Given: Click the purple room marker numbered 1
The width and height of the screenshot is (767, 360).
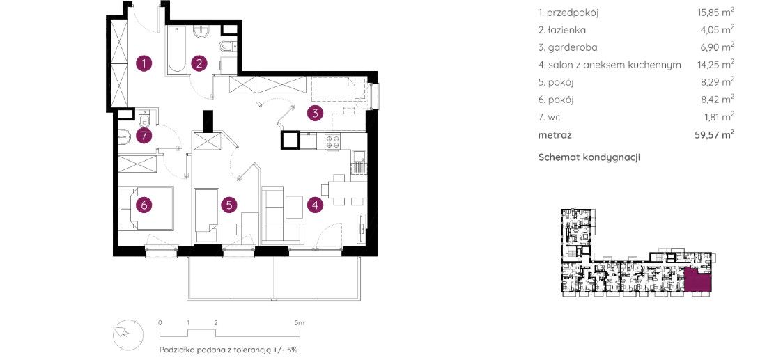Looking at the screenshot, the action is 144,63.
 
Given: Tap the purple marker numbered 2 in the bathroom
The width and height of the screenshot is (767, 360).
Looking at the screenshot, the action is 199,63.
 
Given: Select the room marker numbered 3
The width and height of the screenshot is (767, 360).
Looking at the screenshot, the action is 316,114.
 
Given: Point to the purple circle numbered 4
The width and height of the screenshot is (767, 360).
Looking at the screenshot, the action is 316,205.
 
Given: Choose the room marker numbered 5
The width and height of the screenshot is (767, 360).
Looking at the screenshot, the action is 229,205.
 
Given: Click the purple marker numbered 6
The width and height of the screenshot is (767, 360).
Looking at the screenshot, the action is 144,205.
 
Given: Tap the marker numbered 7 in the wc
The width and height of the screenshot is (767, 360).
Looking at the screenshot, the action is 144,136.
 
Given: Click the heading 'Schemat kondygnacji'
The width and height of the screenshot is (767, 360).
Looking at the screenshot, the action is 589,157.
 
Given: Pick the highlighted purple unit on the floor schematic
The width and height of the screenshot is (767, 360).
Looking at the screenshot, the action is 697,280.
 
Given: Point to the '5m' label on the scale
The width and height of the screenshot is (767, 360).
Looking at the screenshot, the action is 300,323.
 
